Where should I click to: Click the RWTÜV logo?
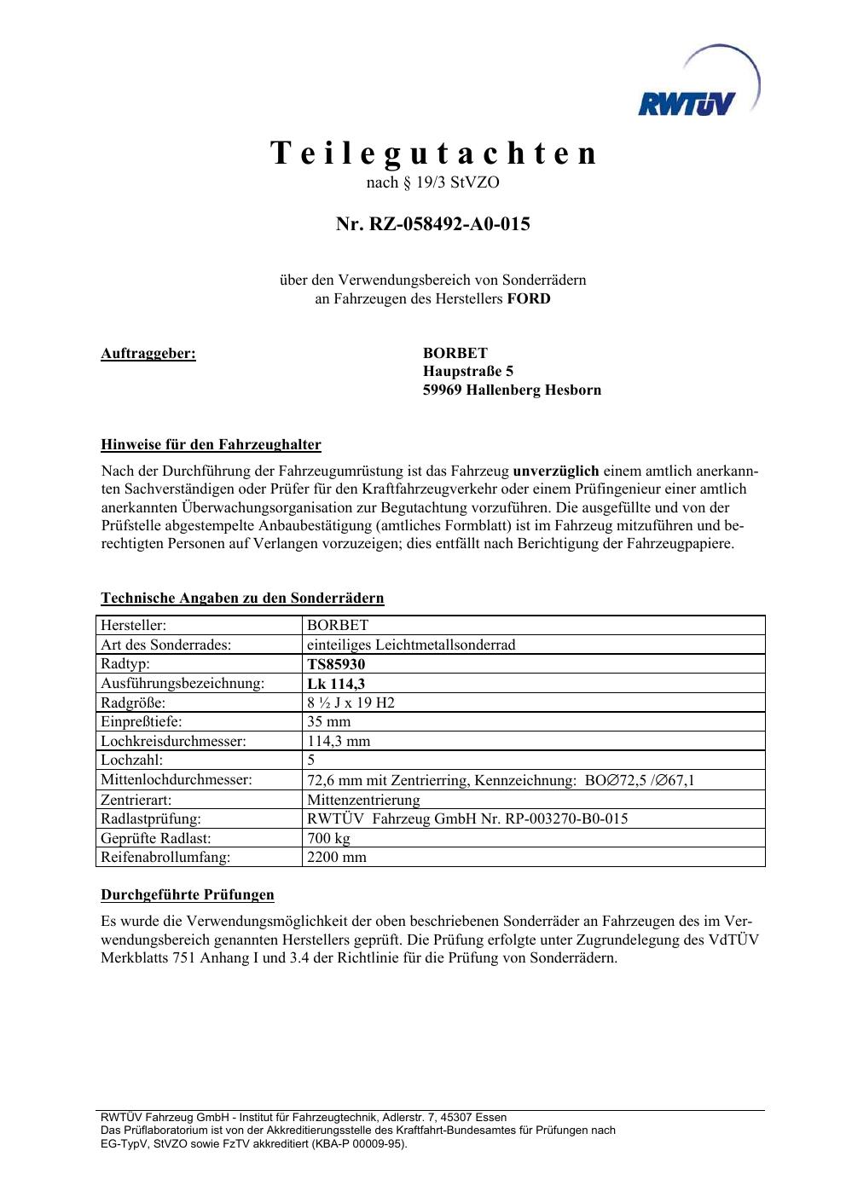point(697,88)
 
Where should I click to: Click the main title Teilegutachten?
point(433,153)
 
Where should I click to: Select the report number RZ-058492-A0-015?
point(433,224)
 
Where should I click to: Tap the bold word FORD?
point(529,298)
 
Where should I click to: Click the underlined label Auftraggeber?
point(148,353)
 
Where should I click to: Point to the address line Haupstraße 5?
point(468,371)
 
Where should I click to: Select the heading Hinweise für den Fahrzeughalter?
point(211,444)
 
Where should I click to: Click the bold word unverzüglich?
point(556,471)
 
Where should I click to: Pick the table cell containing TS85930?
point(336,664)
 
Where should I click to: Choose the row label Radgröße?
point(133,703)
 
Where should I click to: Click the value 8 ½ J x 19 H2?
point(351,703)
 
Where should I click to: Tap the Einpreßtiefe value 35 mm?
point(328,721)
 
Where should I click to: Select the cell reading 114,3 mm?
point(339,741)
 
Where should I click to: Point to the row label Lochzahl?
point(131,760)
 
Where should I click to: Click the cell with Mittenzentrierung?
point(363,800)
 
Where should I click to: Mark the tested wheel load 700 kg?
point(328,838)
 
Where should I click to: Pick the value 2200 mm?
point(337,857)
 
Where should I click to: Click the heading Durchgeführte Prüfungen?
point(188,894)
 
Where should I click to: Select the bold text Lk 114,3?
point(336,684)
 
